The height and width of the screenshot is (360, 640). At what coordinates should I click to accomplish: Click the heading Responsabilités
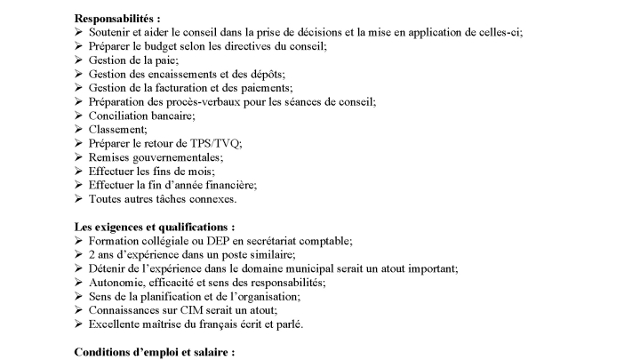tap(117, 18)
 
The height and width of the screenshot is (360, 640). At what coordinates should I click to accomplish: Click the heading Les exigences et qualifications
tap(155, 227)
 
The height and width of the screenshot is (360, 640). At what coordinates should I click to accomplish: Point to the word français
tap(228, 324)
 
